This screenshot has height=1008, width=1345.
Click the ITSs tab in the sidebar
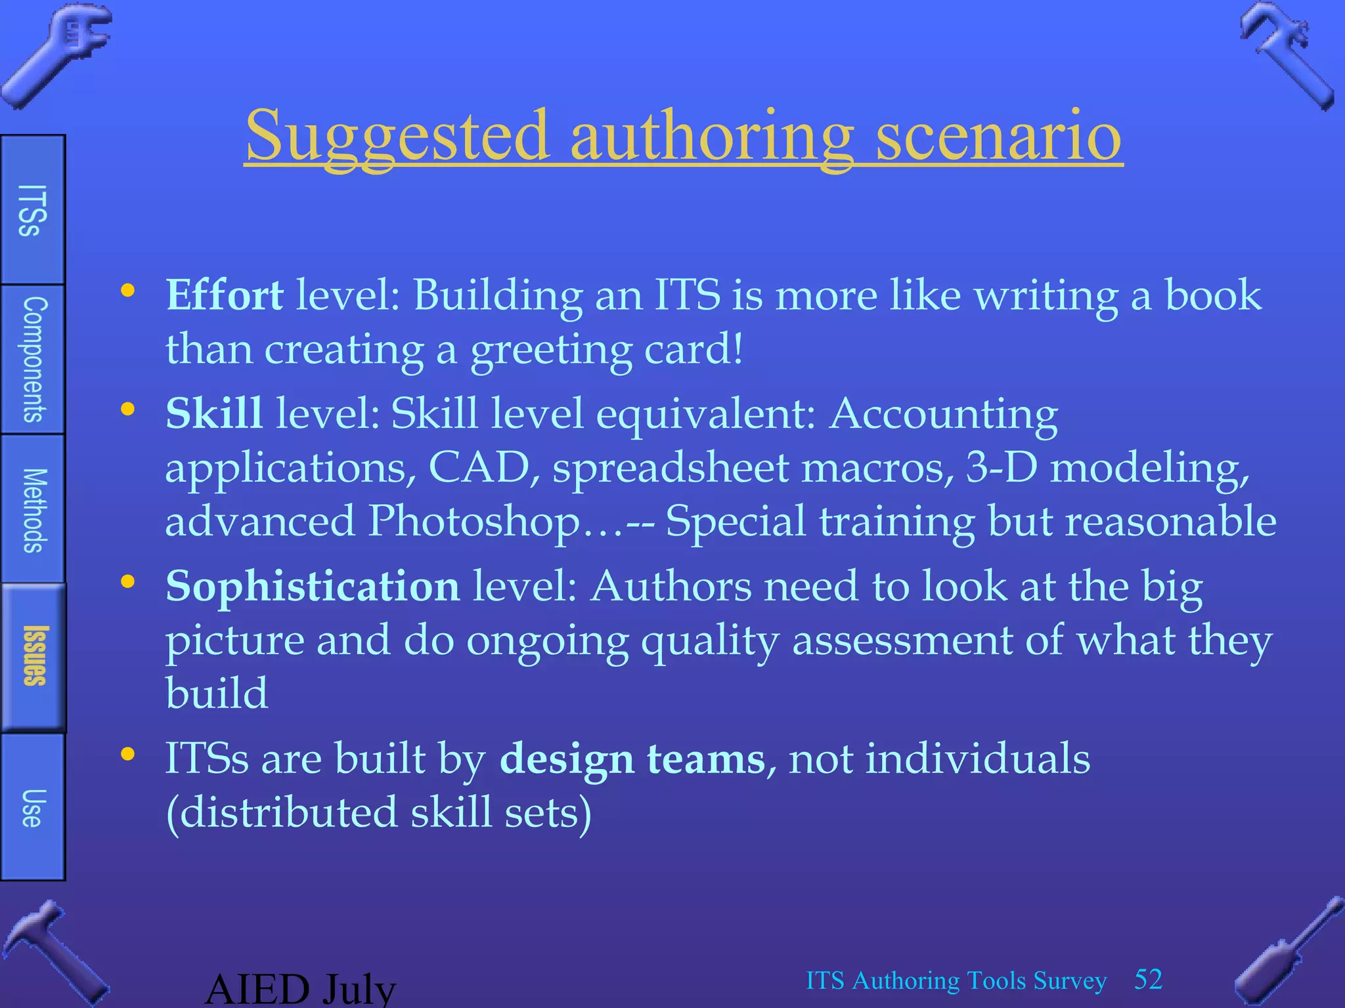coord(32,210)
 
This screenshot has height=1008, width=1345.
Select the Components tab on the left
coord(33,360)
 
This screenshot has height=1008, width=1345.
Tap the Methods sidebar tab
coord(33,510)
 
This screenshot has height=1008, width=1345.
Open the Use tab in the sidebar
coord(32,808)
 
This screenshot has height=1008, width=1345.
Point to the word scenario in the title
coord(998,136)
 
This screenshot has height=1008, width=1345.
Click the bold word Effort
coord(225,295)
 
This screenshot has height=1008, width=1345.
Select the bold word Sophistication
coord(313,586)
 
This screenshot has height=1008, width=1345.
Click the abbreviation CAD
coord(479,468)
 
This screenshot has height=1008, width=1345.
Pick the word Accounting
coord(943,415)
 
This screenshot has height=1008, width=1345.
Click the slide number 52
coord(1148,980)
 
